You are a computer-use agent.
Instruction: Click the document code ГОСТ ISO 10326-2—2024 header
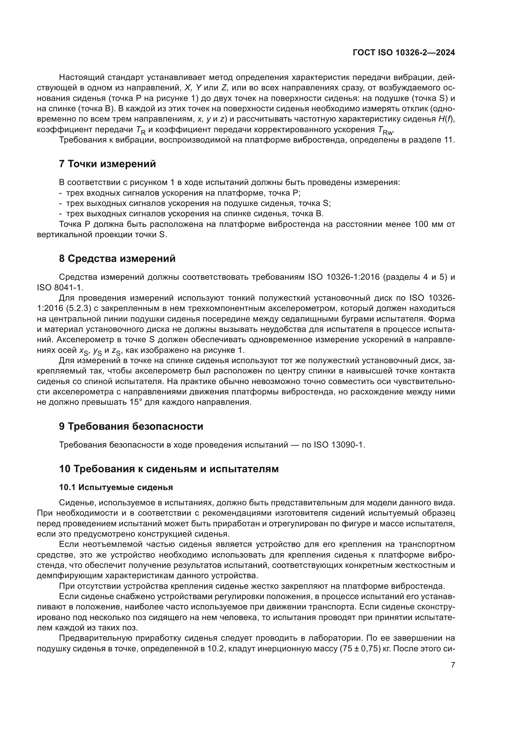[404, 53]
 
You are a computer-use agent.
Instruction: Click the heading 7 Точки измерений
[108, 164]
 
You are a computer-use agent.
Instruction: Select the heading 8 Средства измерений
[117, 258]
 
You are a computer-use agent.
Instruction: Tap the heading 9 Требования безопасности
[131, 426]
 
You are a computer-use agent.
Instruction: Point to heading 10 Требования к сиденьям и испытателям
[169, 469]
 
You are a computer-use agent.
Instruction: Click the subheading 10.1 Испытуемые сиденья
[116, 488]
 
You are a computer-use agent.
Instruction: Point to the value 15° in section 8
[136, 402]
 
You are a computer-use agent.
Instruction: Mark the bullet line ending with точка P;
[183, 193]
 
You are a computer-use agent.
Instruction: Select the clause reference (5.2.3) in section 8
[75, 308]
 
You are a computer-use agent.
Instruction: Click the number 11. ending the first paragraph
[449, 140]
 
